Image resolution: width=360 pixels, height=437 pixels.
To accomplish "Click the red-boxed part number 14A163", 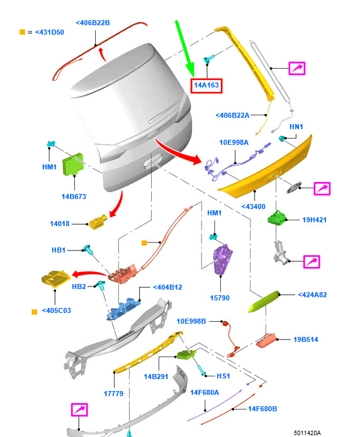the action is pyautogui.click(x=206, y=85).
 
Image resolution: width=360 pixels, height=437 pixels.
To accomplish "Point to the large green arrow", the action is pyautogui.click(x=185, y=48).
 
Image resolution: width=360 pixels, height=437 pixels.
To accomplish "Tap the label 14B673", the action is pyautogui.click(x=74, y=196).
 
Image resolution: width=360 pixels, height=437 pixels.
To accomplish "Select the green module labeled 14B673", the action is pyautogui.click(x=73, y=164).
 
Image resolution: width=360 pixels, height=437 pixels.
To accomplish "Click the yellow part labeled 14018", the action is pyautogui.click(x=98, y=222).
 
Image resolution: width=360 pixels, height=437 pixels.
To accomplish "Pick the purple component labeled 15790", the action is pyautogui.click(x=222, y=259).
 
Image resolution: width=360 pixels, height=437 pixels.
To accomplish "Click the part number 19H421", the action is pyautogui.click(x=314, y=220).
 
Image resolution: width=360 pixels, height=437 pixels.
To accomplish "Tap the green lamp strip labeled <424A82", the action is pyautogui.click(x=264, y=302).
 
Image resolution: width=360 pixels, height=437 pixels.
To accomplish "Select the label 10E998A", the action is pyautogui.click(x=233, y=142).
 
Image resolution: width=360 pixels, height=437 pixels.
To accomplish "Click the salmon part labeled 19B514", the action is pyautogui.click(x=266, y=340).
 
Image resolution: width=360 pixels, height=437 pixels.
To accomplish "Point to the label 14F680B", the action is pyautogui.click(x=262, y=409).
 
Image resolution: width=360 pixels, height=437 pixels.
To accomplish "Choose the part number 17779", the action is pyautogui.click(x=113, y=394).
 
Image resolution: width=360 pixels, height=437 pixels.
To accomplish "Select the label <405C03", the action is pyautogui.click(x=57, y=310).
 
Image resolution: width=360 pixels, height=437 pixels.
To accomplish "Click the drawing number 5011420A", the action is pyautogui.click(x=307, y=433).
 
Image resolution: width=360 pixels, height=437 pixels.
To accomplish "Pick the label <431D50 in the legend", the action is pyautogui.click(x=50, y=32).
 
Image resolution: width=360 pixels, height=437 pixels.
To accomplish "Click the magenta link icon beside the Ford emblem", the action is pyautogui.click(x=322, y=189).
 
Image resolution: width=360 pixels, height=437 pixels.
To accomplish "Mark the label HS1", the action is pyautogui.click(x=223, y=376).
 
